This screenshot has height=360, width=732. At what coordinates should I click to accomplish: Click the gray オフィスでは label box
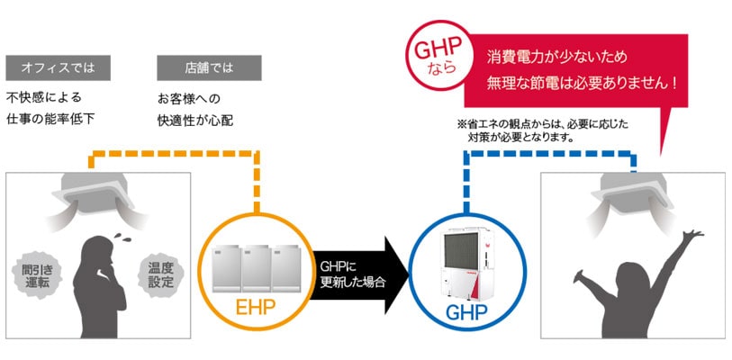coord(59,68)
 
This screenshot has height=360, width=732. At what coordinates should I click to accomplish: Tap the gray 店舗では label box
coord(209,68)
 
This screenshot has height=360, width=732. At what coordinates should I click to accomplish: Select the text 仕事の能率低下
coord(50,119)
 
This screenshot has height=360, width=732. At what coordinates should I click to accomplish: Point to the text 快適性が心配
coord(194,119)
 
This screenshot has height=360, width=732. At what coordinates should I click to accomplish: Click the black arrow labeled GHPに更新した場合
coord(357,274)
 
